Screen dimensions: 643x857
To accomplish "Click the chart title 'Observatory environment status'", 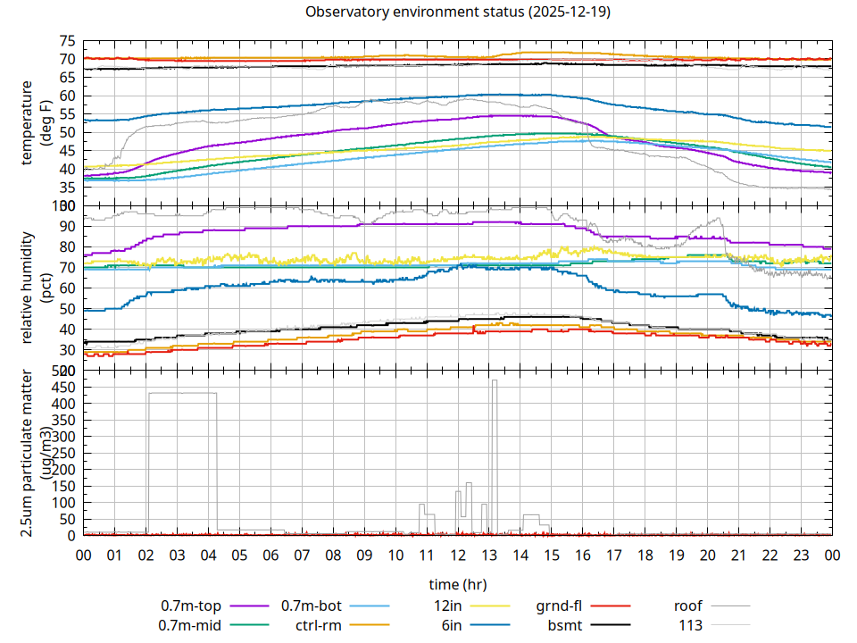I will pos(458,13).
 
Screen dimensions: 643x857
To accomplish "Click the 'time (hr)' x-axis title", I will pos(457,585).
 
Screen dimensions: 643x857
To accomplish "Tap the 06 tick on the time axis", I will pos(270,555).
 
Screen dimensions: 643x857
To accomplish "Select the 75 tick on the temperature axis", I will pos(66,41).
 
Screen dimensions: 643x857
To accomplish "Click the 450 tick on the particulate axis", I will pos(62,387).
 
